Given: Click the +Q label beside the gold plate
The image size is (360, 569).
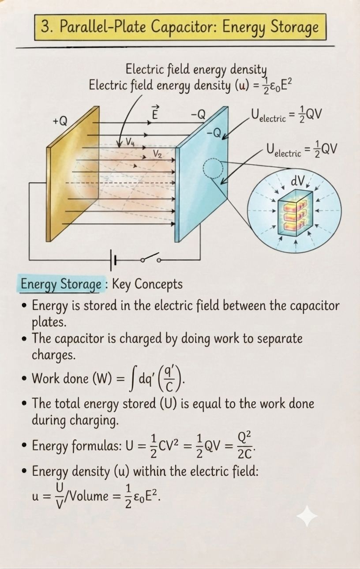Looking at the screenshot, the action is [60, 121].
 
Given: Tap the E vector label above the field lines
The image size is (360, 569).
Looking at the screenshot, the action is [155, 112].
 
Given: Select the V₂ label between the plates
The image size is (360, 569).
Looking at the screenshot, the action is [157, 154].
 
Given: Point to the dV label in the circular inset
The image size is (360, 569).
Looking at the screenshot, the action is [298, 181].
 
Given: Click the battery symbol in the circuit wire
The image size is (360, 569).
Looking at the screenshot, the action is [113, 260].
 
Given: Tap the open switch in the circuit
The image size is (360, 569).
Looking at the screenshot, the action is [151, 258].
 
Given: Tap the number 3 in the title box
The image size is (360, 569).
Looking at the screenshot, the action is [45, 26].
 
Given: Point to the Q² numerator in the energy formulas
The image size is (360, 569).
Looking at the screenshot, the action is [244, 437].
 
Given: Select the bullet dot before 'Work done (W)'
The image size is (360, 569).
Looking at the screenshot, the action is [24, 378].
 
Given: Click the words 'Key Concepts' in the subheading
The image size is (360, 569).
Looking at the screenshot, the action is [147, 284].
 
